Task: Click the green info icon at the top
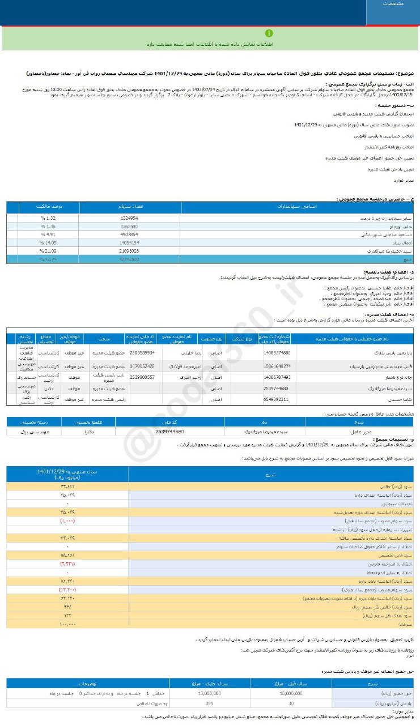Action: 269,33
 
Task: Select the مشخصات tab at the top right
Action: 393,5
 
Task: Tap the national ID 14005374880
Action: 277,352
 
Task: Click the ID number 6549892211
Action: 277,399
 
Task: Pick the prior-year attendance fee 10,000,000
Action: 290,692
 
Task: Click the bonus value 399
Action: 210,703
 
